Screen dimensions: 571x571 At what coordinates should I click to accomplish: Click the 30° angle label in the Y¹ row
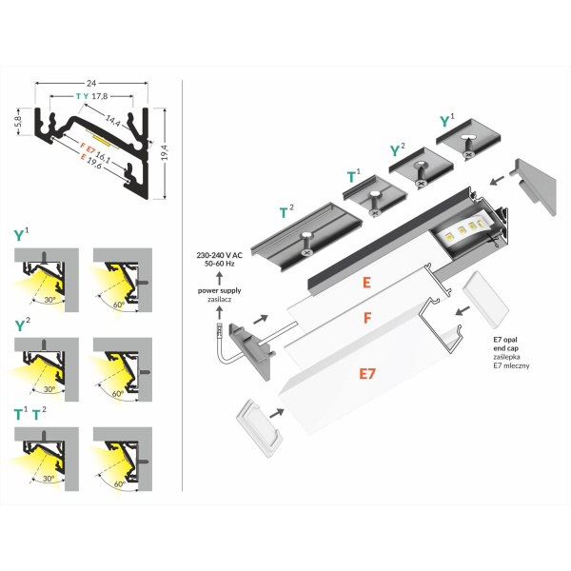[x=49, y=297]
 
